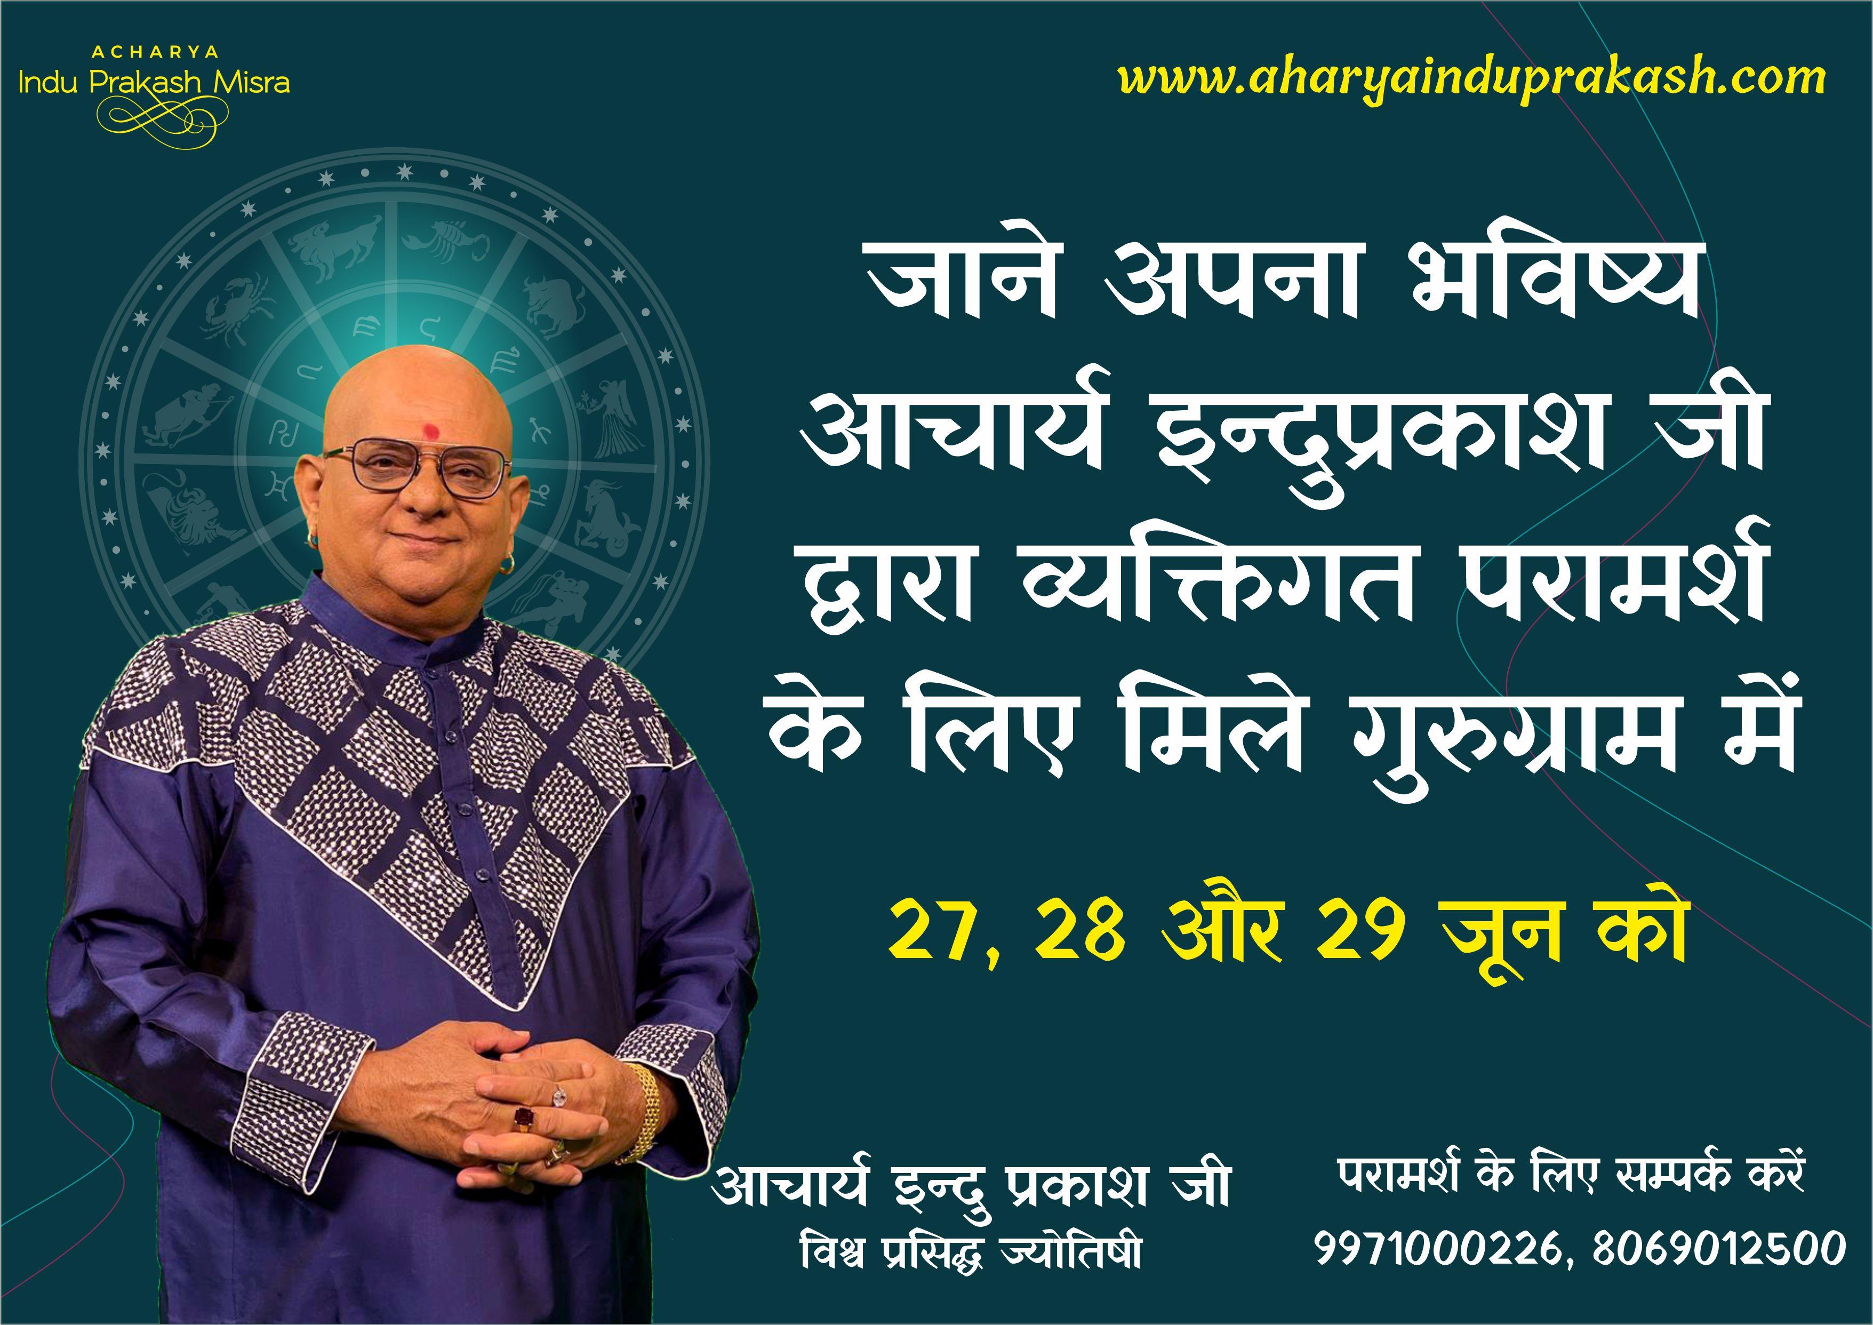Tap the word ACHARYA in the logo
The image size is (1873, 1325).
point(155,52)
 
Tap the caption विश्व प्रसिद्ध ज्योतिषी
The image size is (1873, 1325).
point(971,1253)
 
